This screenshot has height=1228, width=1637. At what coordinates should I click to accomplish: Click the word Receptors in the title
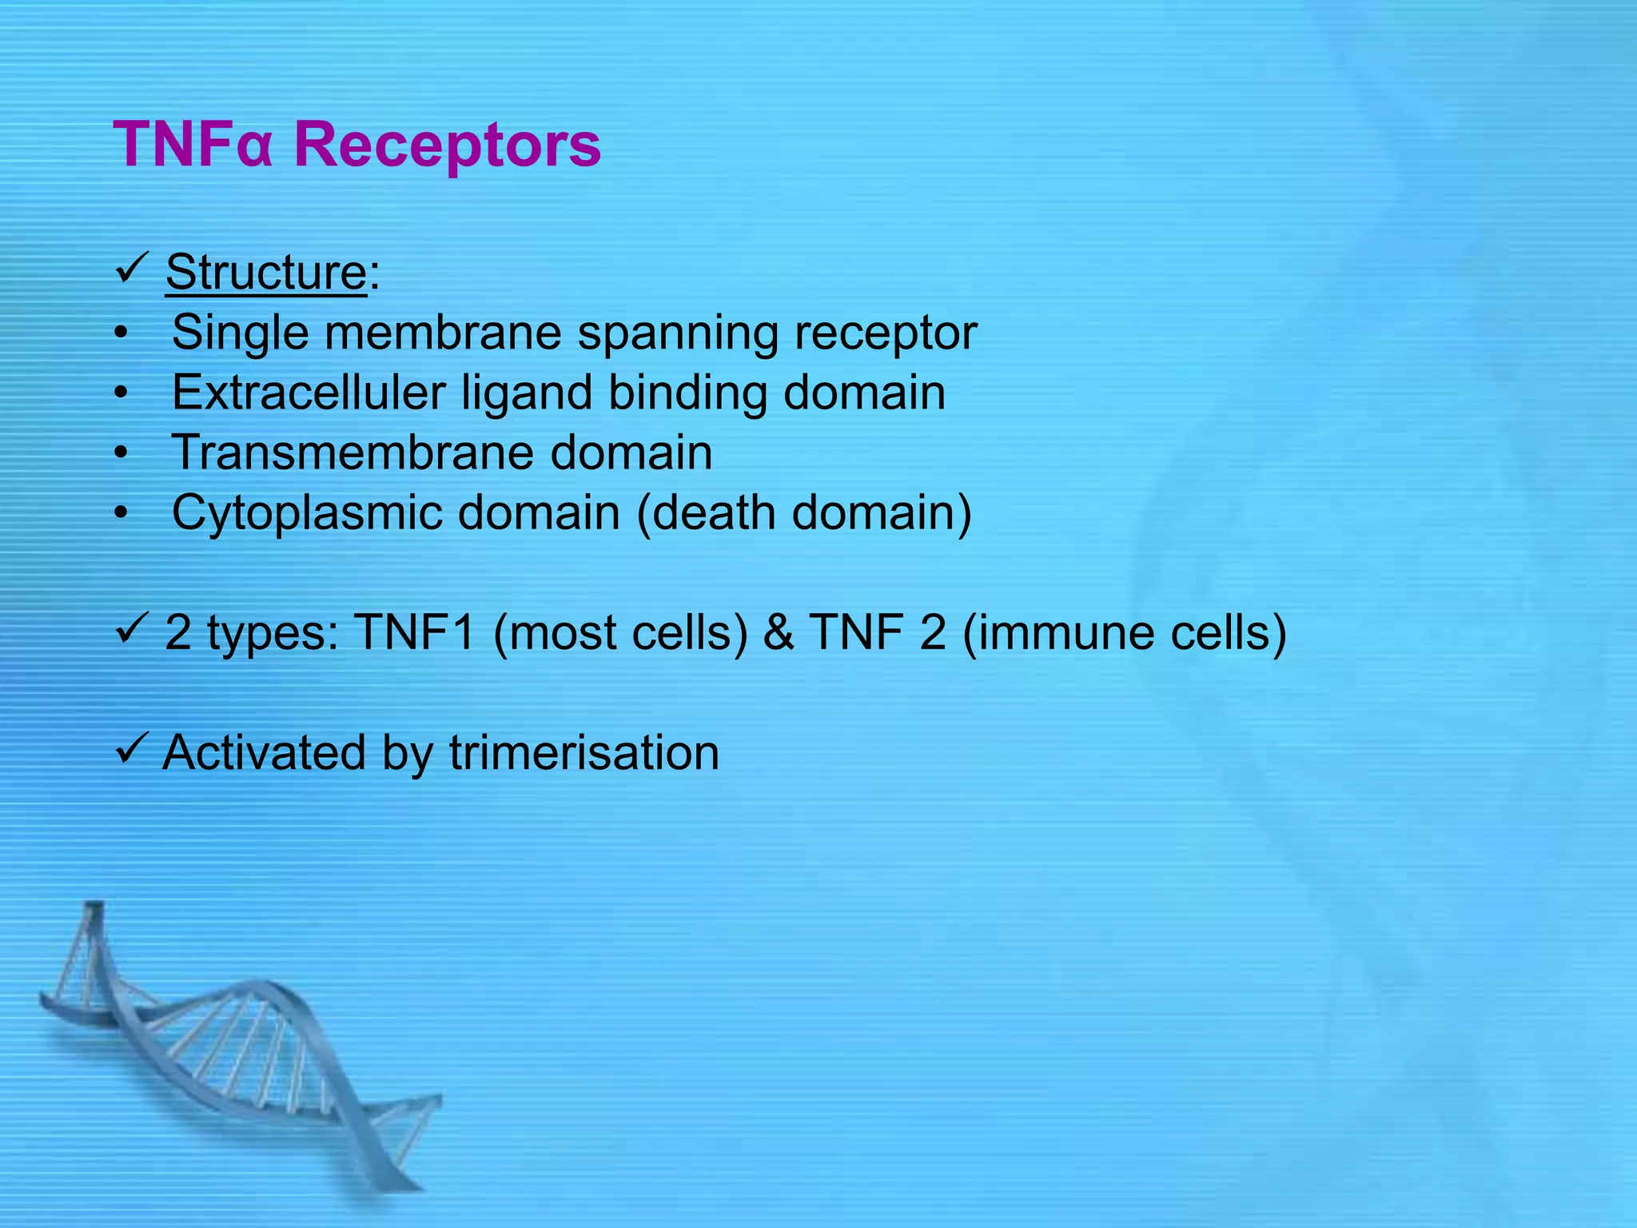[448, 146]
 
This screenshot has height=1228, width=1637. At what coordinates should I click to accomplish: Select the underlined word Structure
[265, 272]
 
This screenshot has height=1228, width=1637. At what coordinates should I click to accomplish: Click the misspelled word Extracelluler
[309, 393]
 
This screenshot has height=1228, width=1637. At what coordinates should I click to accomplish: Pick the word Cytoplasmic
[307, 513]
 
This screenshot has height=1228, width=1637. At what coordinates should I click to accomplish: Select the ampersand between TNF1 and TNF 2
[779, 632]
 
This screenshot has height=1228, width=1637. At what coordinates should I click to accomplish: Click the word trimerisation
[584, 753]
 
